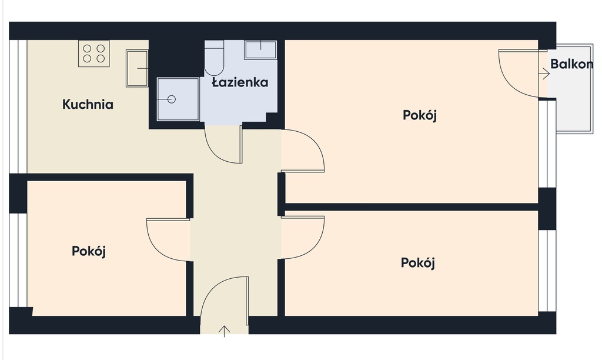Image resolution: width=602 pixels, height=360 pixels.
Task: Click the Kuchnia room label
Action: (x=88, y=105)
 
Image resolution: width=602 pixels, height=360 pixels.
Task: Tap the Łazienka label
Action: (x=240, y=82)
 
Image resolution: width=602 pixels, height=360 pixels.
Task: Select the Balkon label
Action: (x=571, y=64)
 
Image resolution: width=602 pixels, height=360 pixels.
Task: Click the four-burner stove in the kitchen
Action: (x=94, y=54)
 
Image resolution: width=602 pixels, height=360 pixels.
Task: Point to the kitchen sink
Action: (x=137, y=68)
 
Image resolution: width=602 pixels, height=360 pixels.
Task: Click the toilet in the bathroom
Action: (x=214, y=58)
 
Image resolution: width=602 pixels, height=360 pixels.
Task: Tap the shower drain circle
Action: (x=172, y=99)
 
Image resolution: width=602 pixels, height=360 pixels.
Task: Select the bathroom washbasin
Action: (x=260, y=50)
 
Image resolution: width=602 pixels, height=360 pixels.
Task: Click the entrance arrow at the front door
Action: (x=224, y=331)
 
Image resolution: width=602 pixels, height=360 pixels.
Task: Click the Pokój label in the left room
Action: (x=89, y=251)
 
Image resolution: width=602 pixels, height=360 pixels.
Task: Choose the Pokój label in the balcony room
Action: (x=420, y=115)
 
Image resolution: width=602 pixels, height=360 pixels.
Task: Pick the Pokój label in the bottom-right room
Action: (x=418, y=263)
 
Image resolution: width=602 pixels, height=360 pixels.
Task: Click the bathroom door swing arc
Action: (x=216, y=154)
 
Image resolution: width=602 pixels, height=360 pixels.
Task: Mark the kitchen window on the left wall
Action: (x=18, y=106)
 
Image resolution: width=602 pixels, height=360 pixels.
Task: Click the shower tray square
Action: (x=178, y=99)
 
